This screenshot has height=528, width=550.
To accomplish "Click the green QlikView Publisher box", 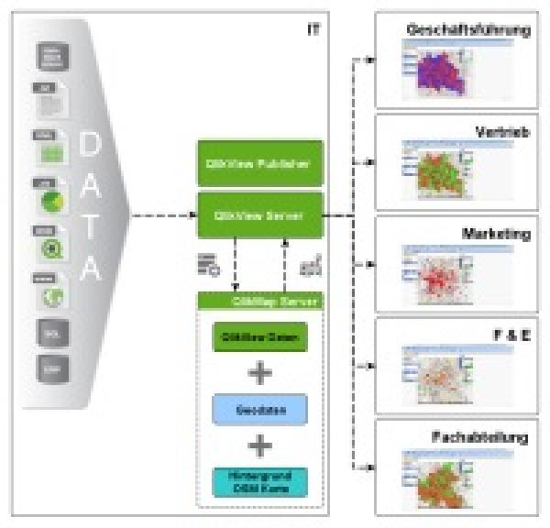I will (x=261, y=163).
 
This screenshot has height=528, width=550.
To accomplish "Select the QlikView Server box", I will (x=261, y=216).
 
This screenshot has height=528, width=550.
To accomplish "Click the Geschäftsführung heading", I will (x=468, y=30).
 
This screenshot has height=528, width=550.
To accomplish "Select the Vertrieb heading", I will (x=501, y=132).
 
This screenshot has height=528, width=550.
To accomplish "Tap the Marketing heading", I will (x=496, y=234).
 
